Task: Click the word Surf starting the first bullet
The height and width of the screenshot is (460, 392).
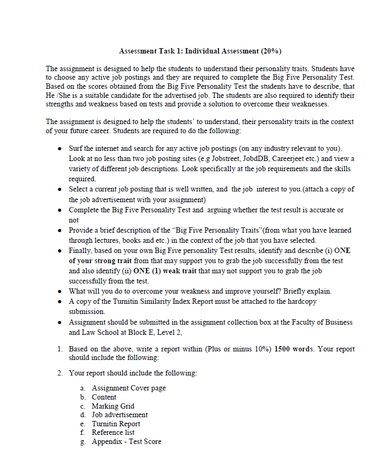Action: [x=77, y=148]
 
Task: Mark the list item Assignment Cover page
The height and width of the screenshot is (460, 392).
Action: [x=129, y=388]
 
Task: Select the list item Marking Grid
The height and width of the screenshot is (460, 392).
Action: [x=113, y=406]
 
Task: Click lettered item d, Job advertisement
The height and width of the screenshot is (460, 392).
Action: [x=120, y=415]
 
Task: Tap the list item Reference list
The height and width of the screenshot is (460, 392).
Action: [x=113, y=432]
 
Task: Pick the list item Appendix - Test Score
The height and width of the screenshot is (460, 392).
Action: [x=126, y=441]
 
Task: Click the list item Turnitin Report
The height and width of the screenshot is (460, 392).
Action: [x=116, y=424]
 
